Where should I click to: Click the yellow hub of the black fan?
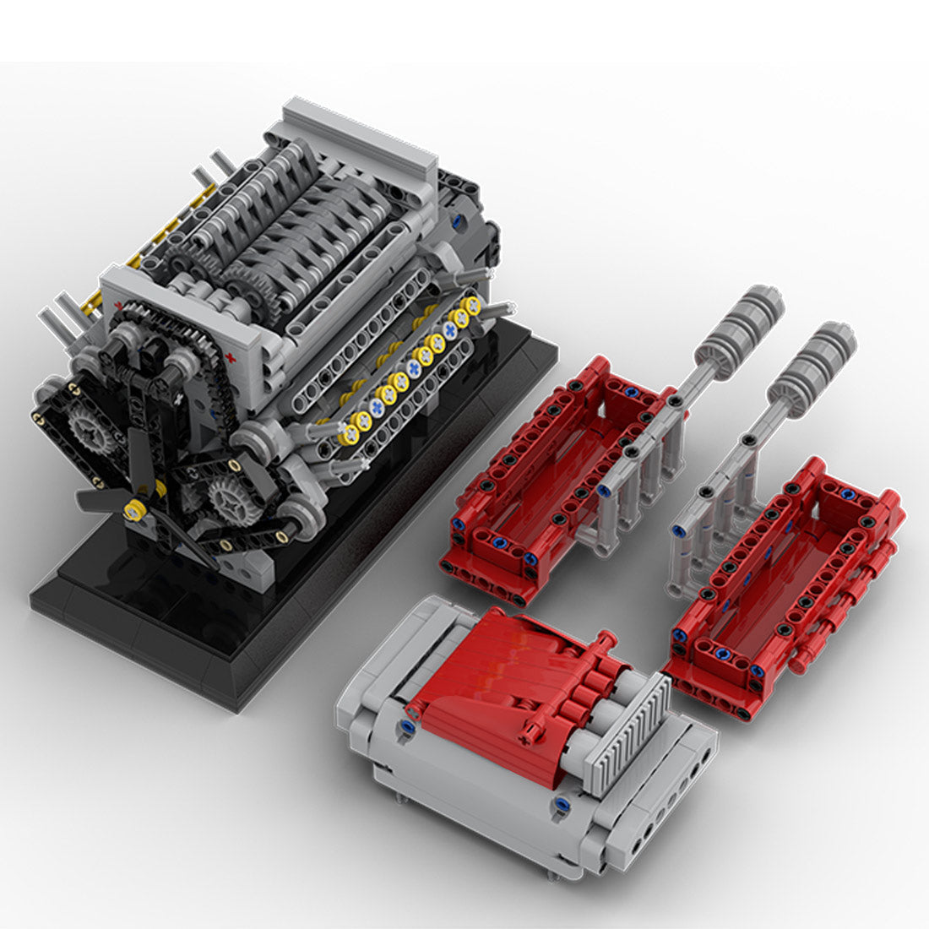132,509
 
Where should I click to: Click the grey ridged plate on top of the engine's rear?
359,139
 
